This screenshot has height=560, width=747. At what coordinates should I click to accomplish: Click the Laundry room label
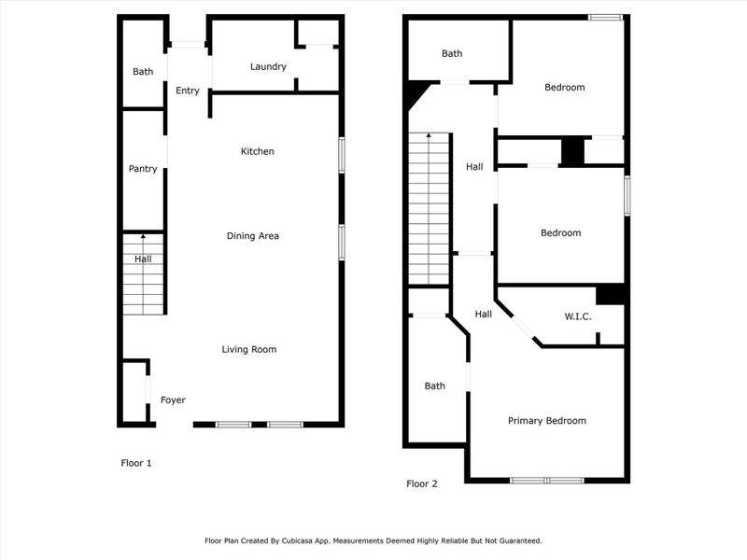click(x=268, y=67)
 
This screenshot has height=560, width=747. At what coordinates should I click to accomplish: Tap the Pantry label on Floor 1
click(x=143, y=169)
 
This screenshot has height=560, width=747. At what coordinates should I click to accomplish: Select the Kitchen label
click(x=257, y=151)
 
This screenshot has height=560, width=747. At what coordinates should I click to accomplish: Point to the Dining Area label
click(x=253, y=236)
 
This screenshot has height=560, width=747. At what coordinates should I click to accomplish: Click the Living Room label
click(x=249, y=350)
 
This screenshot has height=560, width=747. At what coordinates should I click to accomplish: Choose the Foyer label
click(x=173, y=400)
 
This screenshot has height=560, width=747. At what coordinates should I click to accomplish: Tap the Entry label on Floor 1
click(x=188, y=91)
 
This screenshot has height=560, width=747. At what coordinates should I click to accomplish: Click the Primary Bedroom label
click(x=547, y=421)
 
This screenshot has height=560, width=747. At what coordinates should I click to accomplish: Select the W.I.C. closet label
click(x=578, y=315)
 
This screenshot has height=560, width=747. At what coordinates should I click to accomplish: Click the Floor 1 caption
click(x=136, y=463)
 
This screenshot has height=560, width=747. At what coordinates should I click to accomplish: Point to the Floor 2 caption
click(x=421, y=483)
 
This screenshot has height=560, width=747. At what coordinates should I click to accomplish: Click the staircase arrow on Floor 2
click(x=429, y=137)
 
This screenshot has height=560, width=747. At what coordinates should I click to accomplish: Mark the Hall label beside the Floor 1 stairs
click(x=143, y=259)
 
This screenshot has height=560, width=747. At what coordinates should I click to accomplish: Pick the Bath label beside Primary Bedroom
click(x=435, y=385)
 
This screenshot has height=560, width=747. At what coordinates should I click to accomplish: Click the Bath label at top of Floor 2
click(x=452, y=54)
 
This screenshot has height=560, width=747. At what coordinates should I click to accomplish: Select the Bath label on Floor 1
click(x=143, y=72)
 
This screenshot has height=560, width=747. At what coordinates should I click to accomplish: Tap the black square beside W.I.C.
click(x=610, y=294)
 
